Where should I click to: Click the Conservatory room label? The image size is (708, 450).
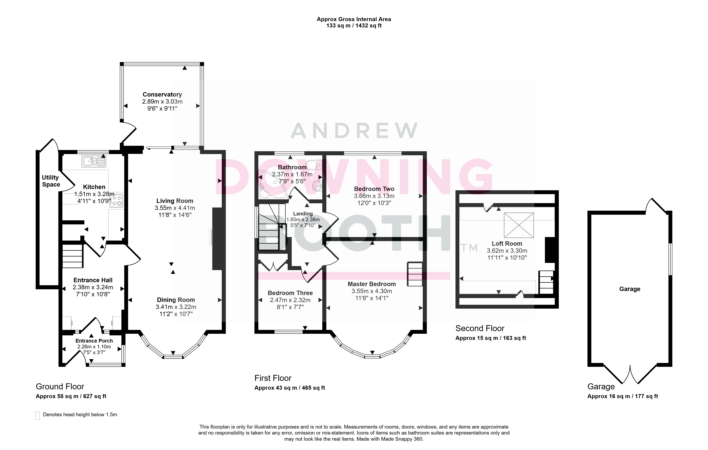pos(162,94)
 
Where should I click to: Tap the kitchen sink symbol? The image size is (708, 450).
pos(94,161)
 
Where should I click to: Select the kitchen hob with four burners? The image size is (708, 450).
pos(117,200)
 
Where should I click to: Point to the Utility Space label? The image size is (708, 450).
pos(51,181)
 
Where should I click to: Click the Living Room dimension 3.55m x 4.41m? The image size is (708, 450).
pos(175,208)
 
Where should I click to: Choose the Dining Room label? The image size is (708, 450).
pos(176,300)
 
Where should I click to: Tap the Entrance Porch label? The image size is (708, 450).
pos(94,341)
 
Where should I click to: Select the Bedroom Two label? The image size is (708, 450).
pos(374,189)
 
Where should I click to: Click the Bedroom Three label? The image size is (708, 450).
pos(290,293)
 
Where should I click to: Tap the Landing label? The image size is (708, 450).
pos(303,214)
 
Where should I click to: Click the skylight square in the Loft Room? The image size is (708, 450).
pos(519,225)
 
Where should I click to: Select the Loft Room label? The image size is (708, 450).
pos(507,244)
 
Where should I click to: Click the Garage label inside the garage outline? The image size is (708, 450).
pos(630,289)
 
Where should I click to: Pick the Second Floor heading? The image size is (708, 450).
pos(480,328)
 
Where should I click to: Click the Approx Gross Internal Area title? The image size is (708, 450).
pos(354,19)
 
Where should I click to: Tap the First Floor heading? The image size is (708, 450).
pos(273,378)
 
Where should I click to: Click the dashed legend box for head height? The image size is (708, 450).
pos(38,415)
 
